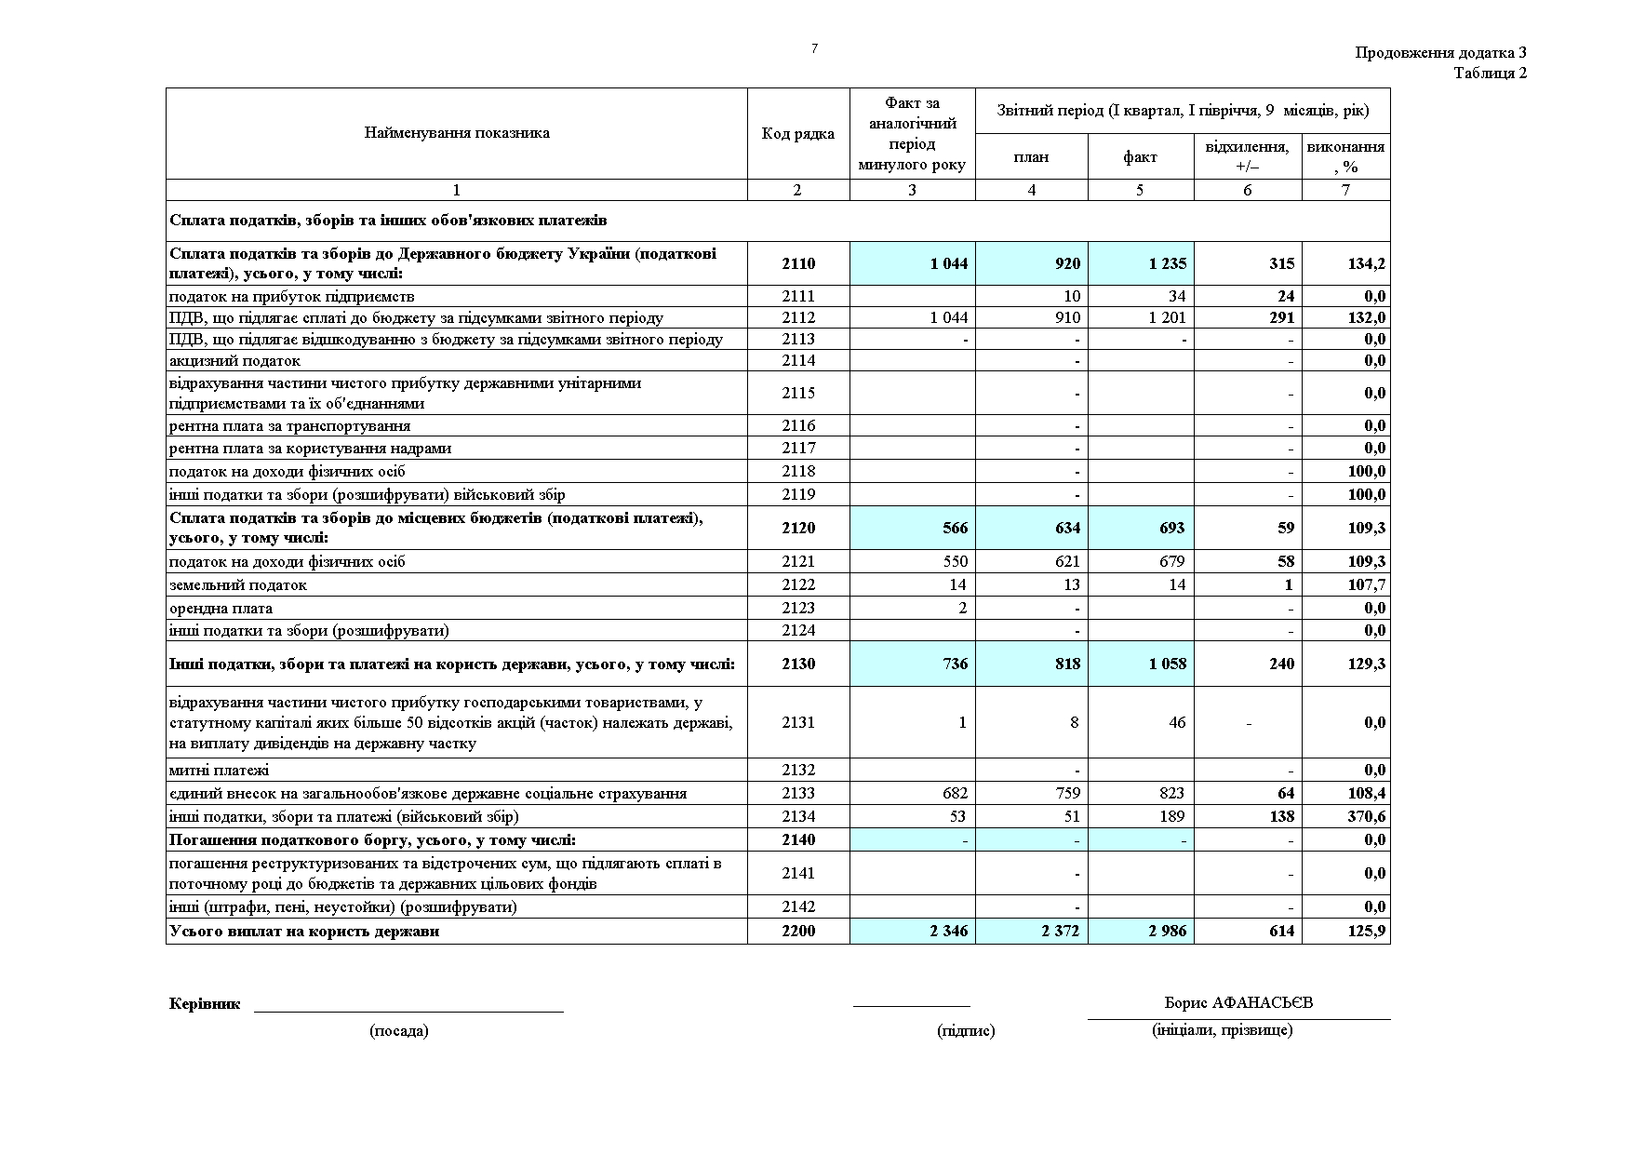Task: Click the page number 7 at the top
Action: pos(814,48)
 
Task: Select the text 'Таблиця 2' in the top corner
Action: pos(1490,74)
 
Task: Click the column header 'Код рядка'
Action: pos(797,134)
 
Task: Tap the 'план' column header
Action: pos(1031,156)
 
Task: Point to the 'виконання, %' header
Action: pos(1345,156)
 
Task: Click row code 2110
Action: pos(797,263)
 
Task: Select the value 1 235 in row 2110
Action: pos(1167,263)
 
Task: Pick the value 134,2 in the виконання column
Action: pos(1366,263)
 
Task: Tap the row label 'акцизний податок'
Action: pos(234,360)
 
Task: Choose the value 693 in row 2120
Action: pos(1171,528)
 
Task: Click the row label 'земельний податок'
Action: pos(237,584)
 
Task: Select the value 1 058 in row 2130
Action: pos(1167,664)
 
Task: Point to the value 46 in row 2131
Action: pos(1176,722)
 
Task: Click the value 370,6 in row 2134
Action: pos(1366,816)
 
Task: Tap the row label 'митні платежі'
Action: pos(219,770)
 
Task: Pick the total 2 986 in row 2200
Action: pos(1167,931)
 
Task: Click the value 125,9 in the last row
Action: pos(1366,931)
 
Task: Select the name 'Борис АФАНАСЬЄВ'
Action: pos(1238,1003)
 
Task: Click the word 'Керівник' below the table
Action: pos(205,1004)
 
